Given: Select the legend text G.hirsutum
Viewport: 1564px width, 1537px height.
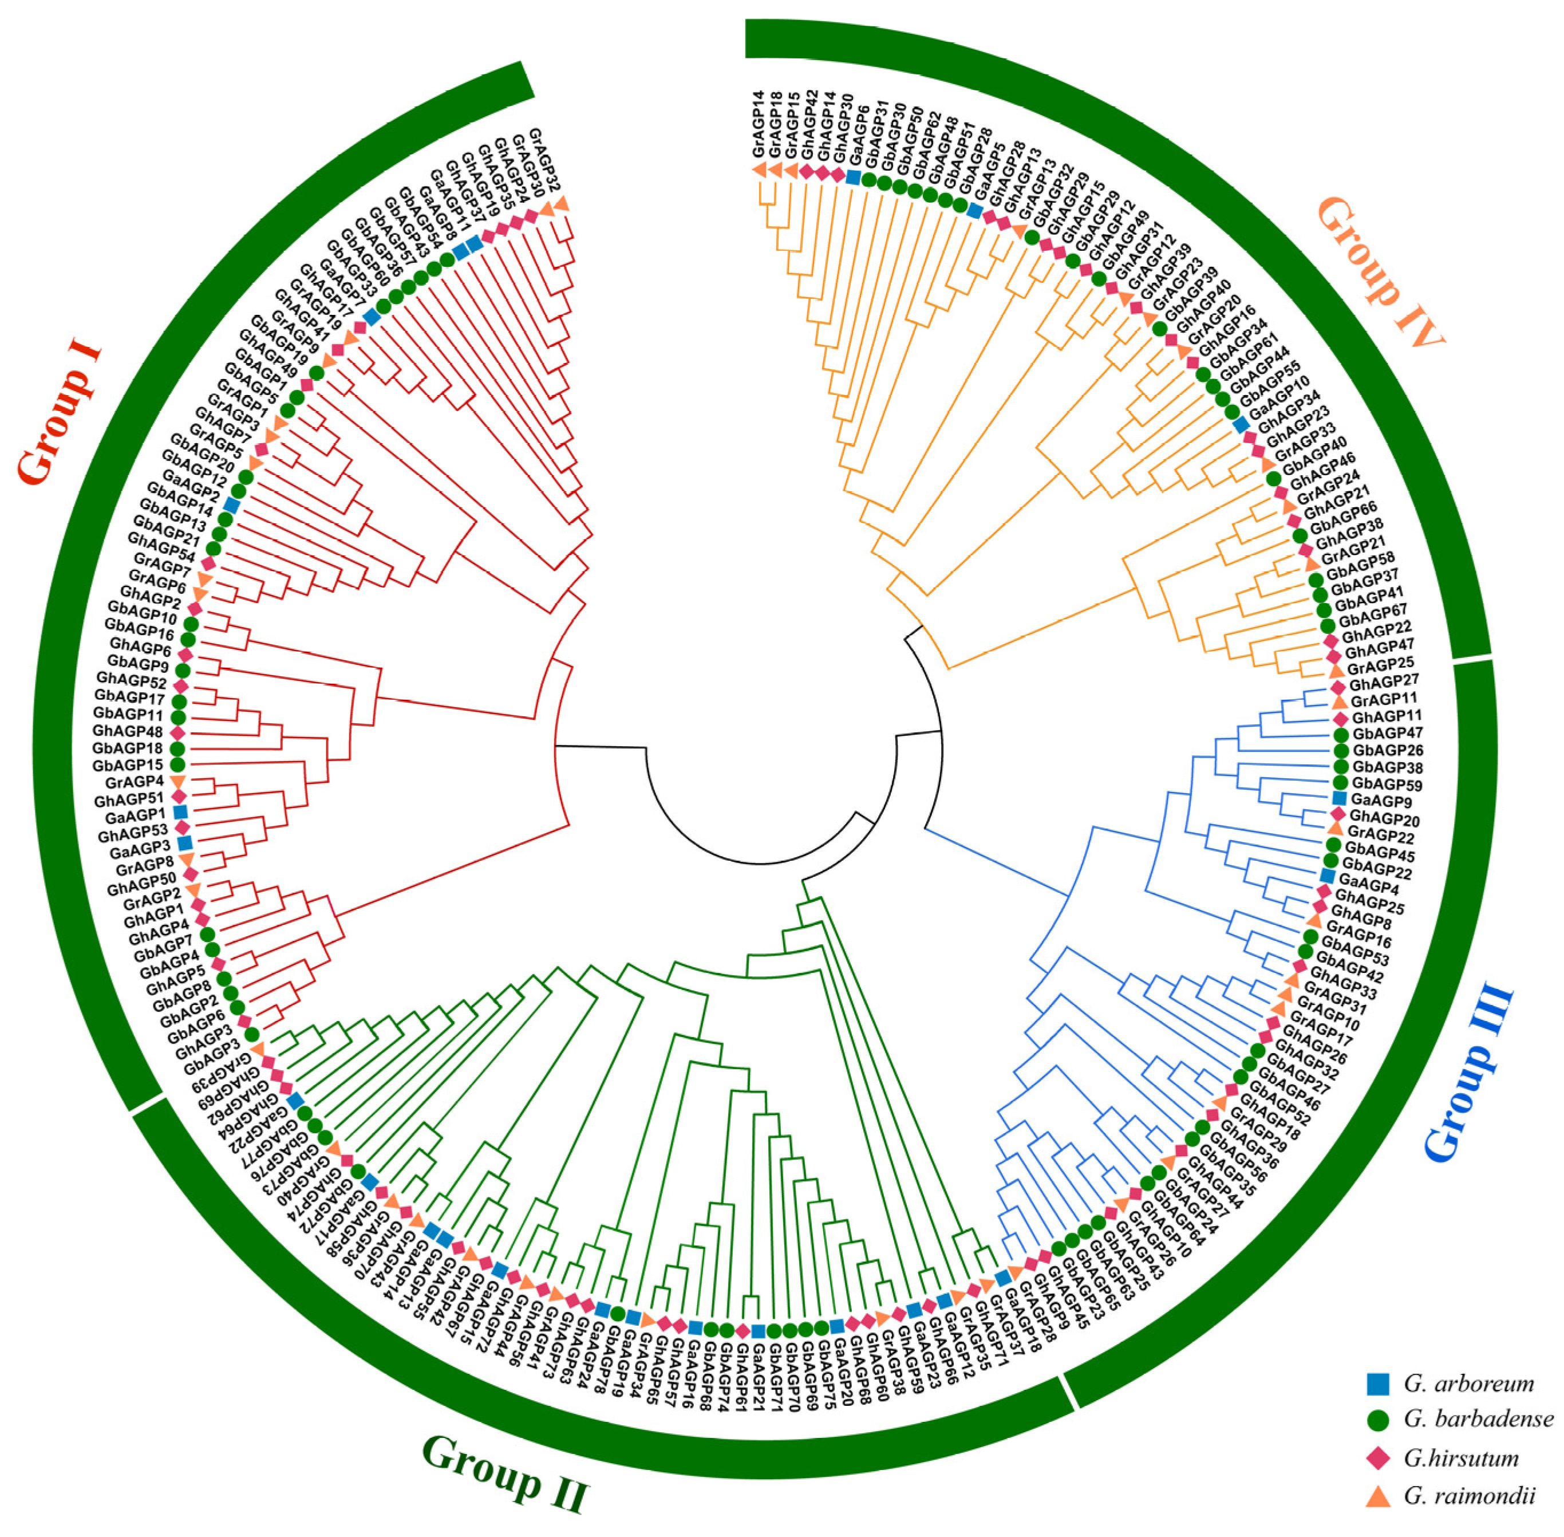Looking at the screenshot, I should (1461, 1458).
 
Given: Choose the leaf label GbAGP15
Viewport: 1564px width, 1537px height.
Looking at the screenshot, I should (128, 765).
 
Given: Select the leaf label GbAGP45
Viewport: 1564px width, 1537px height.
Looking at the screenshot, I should (1379, 852).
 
